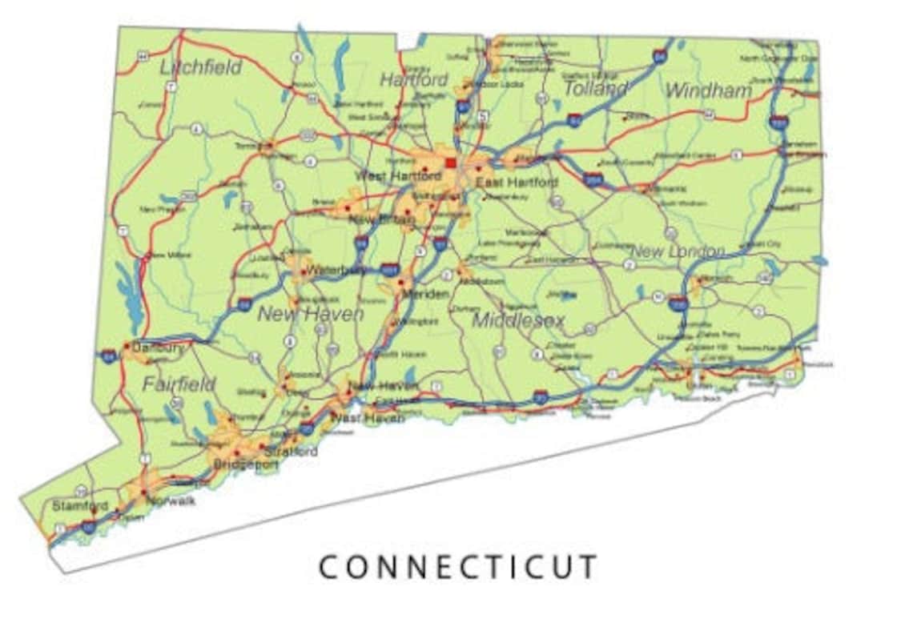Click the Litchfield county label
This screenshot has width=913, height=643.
pyautogui.click(x=200, y=67)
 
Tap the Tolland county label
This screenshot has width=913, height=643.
pyautogui.click(x=596, y=88)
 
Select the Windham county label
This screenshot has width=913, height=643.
pyautogui.click(x=708, y=90)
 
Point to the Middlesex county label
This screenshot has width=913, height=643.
pyautogui.click(x=518, y=320)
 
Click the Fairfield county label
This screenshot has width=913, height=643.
pyautogui.click(x=179, y=384)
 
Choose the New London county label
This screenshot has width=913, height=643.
pyautogui.click(x=677, y=251)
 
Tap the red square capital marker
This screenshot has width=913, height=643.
pyautogui.click(x=450, y=163)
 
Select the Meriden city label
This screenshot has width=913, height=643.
pyautogui.click(x=424, y=294)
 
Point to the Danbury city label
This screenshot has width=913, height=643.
pyautogui.click(x=158, y=348)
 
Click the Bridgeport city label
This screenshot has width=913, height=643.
pyautogui.click(x=244, y=464)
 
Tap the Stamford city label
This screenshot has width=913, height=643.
pyautogui.click(x=79, y=506)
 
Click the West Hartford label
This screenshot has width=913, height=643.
pyautogui.click(x=397, y=175)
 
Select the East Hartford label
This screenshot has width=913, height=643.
pyautogui.click(x=517, y=183)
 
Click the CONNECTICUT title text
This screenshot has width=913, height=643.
pyautogui.click(x=458, y=567)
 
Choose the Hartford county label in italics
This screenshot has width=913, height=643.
pyautogui.click(x=413, y=80)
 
